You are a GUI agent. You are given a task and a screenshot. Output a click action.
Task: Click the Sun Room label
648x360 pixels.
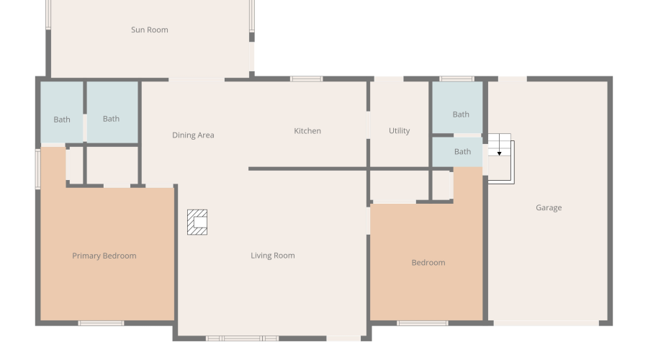click(149, 30)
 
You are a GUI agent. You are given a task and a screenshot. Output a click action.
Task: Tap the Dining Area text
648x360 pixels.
click(193, 135)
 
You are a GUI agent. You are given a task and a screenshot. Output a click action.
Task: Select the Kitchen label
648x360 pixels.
click(307, 131)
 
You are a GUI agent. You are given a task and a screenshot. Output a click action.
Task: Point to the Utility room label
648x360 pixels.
click(400, 131)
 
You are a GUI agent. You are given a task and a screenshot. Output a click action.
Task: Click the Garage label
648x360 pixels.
click(549, 208)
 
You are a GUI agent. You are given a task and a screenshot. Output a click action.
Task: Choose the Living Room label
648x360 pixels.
click(273, 256)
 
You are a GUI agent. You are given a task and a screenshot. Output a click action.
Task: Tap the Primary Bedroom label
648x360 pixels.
click(104, 256)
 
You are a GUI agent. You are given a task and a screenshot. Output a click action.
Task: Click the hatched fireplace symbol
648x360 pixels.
click(197, 222)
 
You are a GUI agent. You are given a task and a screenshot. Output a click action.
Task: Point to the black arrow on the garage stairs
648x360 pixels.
click(499, 153)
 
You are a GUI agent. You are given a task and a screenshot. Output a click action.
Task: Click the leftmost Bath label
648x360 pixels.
click(62, 120)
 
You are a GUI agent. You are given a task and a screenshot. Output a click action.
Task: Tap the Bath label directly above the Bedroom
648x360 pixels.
click(463, 152)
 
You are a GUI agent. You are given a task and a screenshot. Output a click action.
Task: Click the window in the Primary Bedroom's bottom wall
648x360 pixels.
click(101, 323)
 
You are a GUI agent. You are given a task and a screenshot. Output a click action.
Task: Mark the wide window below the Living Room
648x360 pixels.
click(242, 338)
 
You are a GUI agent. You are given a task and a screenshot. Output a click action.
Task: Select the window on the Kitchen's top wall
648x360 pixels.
click(307, 78)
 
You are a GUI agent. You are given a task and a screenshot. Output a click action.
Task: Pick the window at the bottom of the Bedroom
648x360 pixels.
click(423, 323)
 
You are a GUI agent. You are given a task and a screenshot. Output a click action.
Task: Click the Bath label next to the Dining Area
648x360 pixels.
click(111, 119)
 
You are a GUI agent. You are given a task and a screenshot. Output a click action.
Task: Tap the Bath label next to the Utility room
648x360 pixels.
click(461, 114)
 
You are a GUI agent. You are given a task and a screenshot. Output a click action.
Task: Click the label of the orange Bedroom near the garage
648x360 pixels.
click(428, 263)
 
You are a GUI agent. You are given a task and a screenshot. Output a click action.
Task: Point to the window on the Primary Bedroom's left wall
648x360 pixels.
click(37, 169)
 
